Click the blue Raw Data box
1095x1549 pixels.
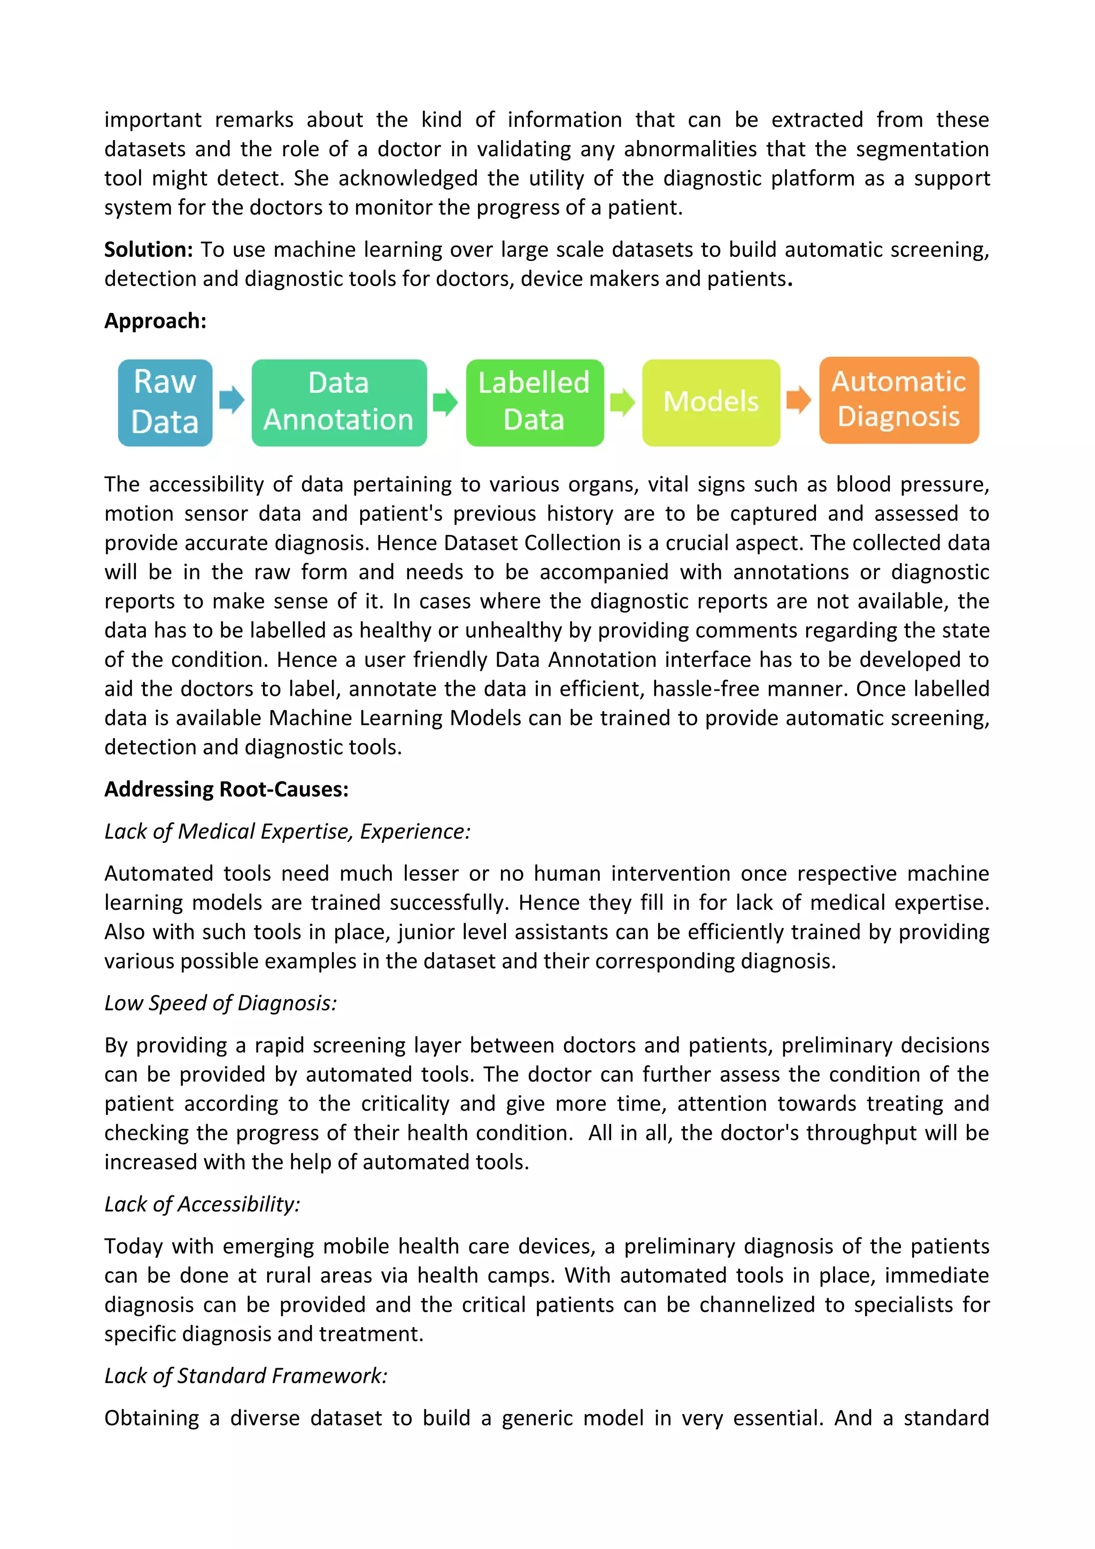click(x=165, y=402)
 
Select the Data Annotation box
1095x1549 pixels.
click(x=338, y=402)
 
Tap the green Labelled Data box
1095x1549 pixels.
click(x=534, y=402)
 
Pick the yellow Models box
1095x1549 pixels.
click(x=711, y=402)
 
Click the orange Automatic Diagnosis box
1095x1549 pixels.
click(x=898, y=400)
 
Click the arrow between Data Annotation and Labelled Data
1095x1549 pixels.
click(x=445, y=402)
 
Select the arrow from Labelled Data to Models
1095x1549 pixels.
click(x=622, y=402)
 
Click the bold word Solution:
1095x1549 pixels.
click(x=148, y=250)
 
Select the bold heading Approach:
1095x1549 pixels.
click(x=155, y=321)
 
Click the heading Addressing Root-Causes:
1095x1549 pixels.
click(x=226, y=789)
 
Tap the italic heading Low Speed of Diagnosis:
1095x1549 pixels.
click(x=220, y=1003)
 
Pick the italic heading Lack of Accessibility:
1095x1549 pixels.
click(x=202, y=1204)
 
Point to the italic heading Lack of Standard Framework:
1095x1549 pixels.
click(x=246, y=1376)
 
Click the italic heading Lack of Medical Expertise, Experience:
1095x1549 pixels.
click(x=287, y=832)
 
